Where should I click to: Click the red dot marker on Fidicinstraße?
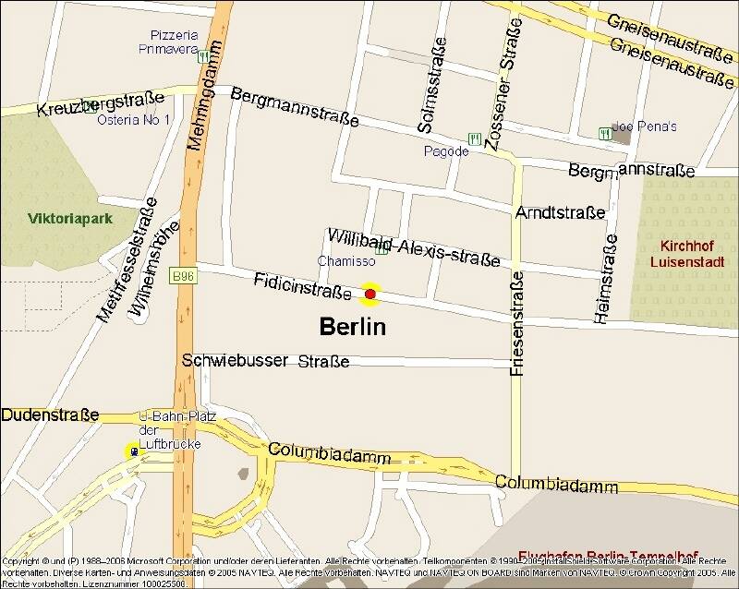pos(370,294)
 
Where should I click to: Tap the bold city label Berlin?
pos(352,327)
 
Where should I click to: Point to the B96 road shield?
pos(181,275)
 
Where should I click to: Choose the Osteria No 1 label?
pos(134,120)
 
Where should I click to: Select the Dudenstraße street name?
pos(50,415)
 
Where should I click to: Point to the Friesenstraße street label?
pos(517,322)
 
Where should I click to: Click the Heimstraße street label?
pos(607,277)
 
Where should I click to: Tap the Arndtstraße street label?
pos(561,213)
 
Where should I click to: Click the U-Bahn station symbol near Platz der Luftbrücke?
pos(134,451)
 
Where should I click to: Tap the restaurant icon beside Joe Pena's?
pos(605,133)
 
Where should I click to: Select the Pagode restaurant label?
pos(446,151)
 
